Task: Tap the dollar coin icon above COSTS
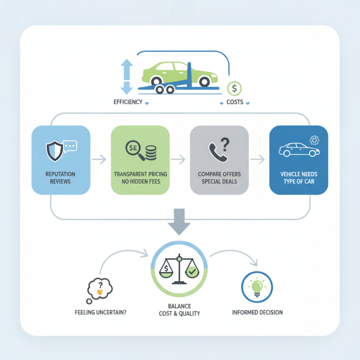point(234,88)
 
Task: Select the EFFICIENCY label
point(127,103)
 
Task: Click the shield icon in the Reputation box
point(55,151)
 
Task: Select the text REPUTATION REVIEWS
point(60,178)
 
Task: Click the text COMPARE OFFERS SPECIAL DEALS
point(219,178)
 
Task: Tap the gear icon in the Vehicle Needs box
point(315,140)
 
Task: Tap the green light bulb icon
point(258,287)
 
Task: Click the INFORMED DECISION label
point(258,312)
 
